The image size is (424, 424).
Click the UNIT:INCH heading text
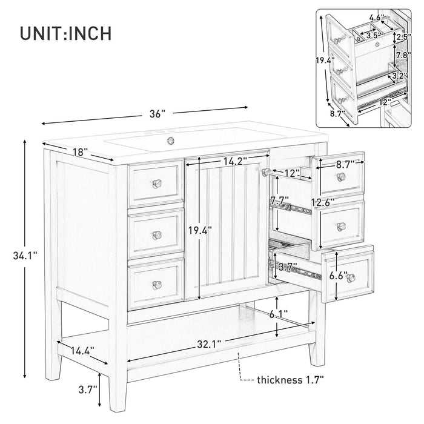(x=65, y=33)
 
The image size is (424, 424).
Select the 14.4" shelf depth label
(x=84, y=349)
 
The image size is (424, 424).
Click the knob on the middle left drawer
(x=159, y=235)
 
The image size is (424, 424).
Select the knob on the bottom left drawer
(x=159, y=283)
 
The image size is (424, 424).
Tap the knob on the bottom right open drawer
(x=351, y=276)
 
